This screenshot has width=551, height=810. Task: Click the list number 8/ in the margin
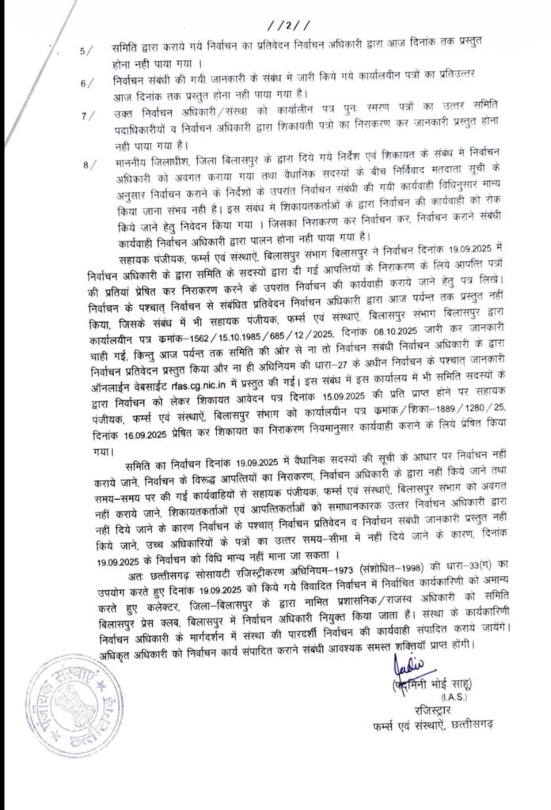[x=86, y=164]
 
